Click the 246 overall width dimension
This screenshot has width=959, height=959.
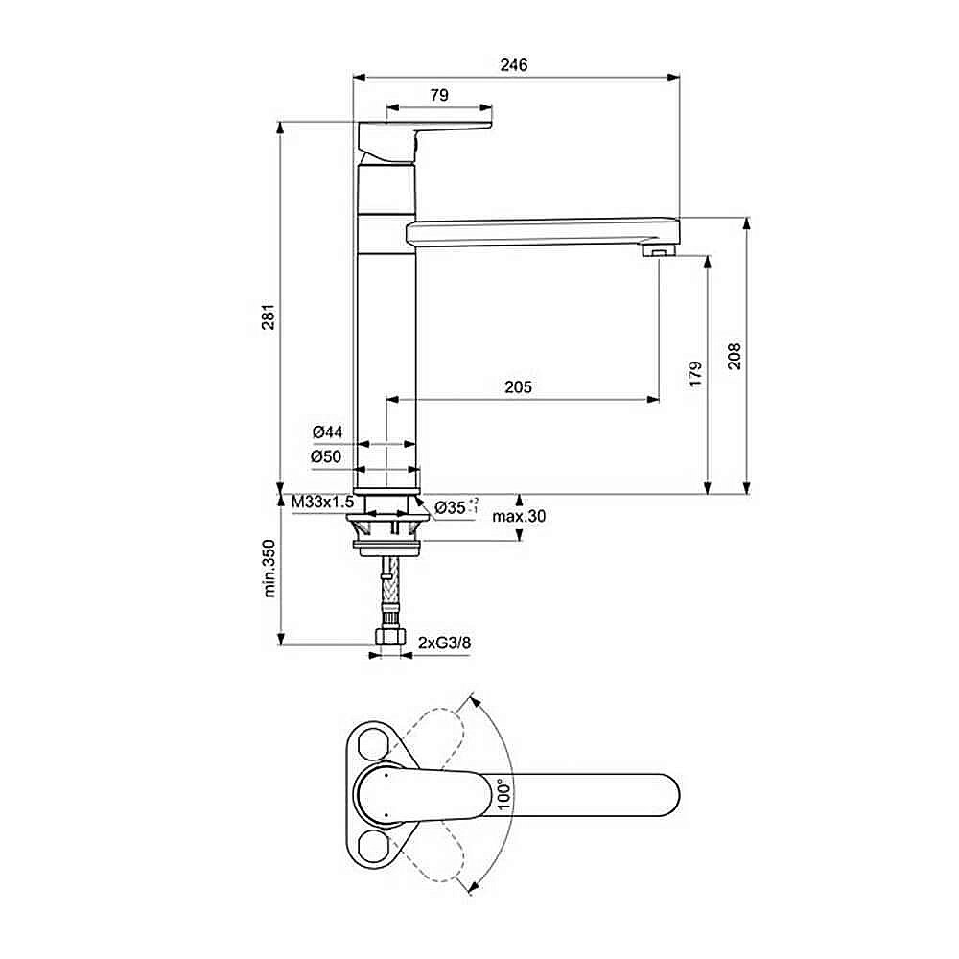pyautogui.click(x=515, y=65)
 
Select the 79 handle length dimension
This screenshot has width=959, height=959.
pyautogui.click(x=438, y=95)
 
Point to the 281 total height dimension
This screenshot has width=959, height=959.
pyautogui.click(x=269, y=316)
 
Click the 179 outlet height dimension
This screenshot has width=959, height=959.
pyautogui.click(x=695, y=373)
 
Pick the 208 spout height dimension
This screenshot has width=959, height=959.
pyautogui.click(x=735, y=356)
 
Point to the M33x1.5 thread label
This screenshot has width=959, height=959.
pyautogui.click(x=323, y=503)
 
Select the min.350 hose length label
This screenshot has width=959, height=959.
pyautogui.click(x=269, y=569)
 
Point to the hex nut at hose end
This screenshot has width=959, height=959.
pyautogui.click(x=389, y=639)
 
